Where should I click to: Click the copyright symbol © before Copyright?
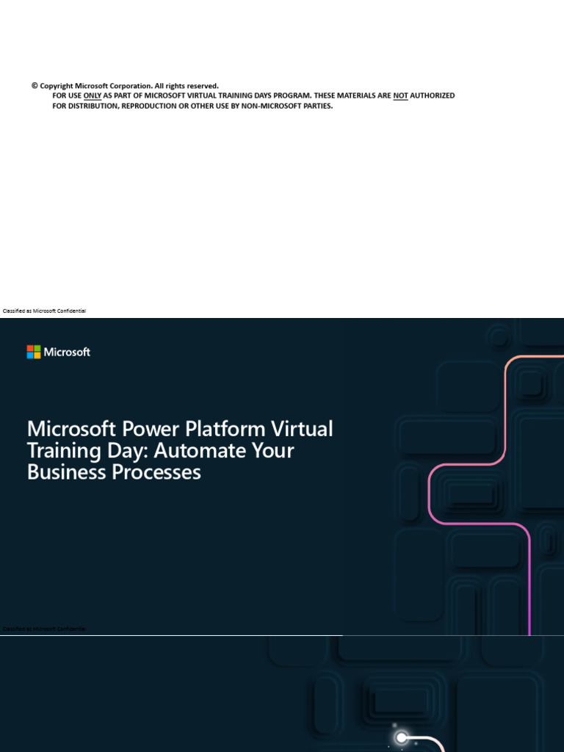(x=35, y=86)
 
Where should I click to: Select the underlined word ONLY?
(x=93, y=95)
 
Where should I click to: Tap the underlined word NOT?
(x=400, y=95)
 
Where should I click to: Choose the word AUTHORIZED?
(x=433, y=95)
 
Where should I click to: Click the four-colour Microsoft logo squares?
(x=34, y=352)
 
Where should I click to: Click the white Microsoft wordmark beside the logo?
(x=67, y=352)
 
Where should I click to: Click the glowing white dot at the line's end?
(x=402, y=737)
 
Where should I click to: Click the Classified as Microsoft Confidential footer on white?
(x=45, y=311)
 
